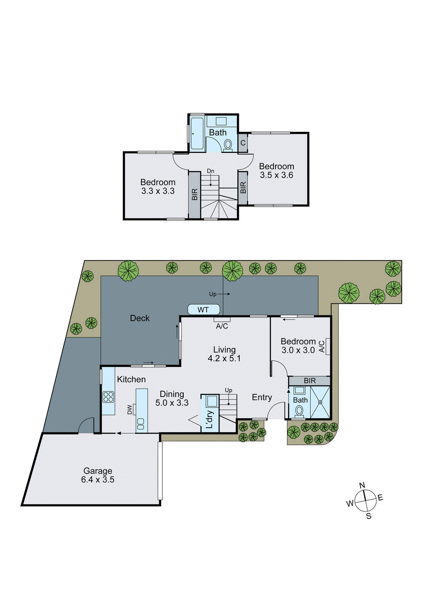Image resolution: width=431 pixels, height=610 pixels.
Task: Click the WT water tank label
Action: (203, 310)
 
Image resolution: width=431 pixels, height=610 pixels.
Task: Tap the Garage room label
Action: (98, 475)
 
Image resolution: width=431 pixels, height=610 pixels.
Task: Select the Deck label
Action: (140, 318)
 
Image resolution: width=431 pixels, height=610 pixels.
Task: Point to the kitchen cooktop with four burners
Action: (108, 397)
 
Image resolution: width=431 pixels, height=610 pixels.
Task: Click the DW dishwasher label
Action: (130, 409)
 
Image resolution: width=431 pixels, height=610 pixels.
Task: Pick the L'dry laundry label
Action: (210, 419)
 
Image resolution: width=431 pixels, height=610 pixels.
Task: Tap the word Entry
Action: (262, 397)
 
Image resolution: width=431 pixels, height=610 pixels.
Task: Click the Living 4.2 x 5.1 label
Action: (224, 354)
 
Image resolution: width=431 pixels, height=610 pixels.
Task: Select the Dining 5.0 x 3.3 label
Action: (172, 398)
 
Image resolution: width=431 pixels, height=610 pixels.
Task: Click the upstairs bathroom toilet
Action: (228, 144)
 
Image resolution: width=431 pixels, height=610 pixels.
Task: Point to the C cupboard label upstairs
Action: (243, 143)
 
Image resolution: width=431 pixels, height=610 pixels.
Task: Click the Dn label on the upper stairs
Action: (210, 171)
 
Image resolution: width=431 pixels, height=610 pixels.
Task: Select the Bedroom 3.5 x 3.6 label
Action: (276, 170)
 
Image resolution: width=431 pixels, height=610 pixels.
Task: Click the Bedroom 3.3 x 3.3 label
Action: (158, 186)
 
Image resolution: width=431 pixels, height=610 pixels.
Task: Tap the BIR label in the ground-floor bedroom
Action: (309, 380)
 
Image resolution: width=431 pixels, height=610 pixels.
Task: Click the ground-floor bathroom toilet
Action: (300, 411)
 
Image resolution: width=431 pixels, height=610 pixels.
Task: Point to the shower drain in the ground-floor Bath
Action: (320, 402)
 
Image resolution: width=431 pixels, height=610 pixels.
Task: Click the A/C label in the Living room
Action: (222, 326)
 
